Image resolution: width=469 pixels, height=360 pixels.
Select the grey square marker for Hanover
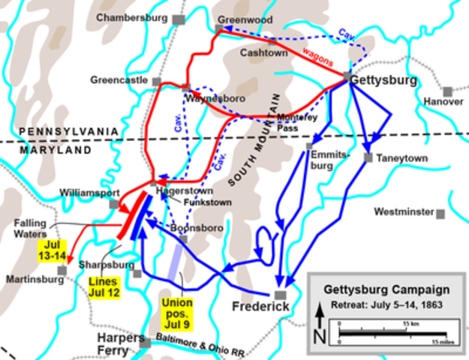pyautogui.click(x=448, y=91)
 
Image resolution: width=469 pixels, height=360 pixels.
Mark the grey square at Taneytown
pyautogui.click(x=368, y=157)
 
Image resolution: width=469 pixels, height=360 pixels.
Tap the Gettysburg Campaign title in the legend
pyautogui.click(x=386, y=289)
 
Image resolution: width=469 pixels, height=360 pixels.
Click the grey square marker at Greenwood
pyautogui.click(x=219, y=29)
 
